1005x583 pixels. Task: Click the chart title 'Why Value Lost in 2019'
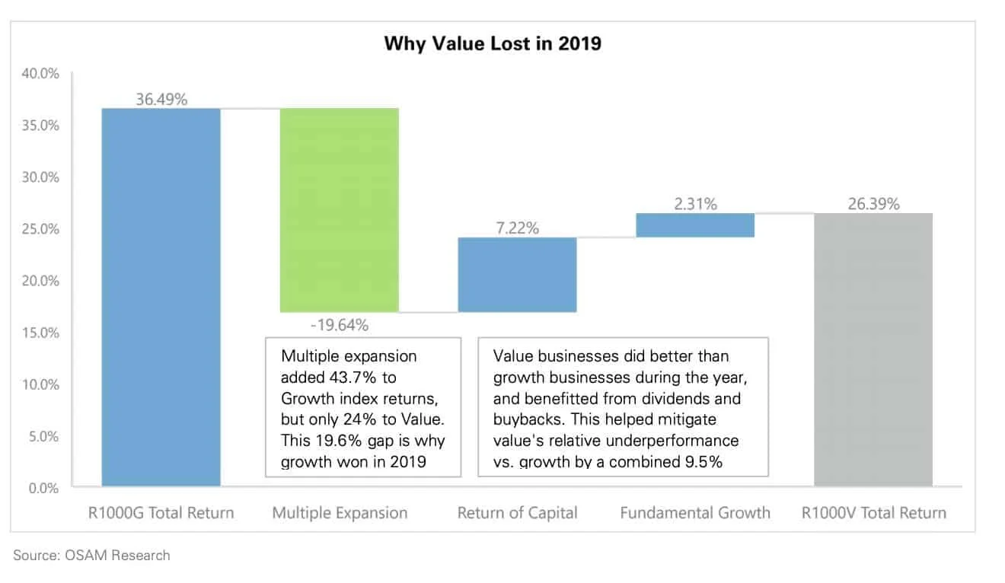point(492,43)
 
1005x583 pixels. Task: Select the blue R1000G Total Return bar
point(161,297)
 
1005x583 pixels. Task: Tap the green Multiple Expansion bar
point(340,209)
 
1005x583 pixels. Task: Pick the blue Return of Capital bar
point(517,274)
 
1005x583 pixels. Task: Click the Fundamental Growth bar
point(695,225)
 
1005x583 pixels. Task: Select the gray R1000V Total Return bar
point(873,349)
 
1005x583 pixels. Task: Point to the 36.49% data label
point(161,99)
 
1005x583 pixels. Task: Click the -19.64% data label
point(340,325)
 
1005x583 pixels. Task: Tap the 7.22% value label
point(517,228)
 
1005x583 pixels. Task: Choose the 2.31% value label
point(695,203)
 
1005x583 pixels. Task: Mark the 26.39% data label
point(873,203)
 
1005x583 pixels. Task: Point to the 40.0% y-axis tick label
point(44,74)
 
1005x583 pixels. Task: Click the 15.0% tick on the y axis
point(44,333)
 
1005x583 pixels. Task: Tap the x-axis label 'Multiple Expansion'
point(340,512)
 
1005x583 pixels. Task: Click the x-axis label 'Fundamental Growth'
point(695,512)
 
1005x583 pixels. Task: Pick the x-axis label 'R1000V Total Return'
point(873,512)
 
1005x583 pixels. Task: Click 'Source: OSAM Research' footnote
point(91,555)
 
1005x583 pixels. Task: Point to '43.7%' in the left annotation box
point(361,377)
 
